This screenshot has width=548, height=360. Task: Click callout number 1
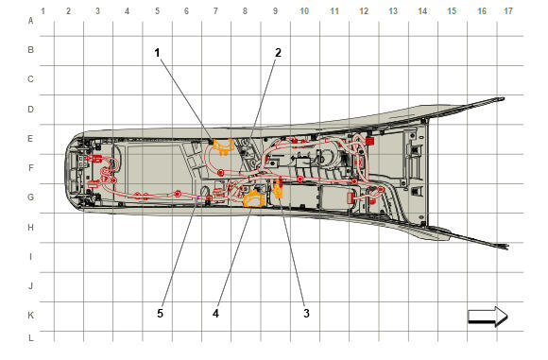tap(157, 53)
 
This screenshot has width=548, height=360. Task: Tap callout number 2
tap(278, 53)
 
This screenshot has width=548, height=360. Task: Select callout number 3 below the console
tap(306, 313)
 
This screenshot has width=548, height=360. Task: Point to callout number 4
tap(215, 313)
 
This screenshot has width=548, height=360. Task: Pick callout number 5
tap(160, 313)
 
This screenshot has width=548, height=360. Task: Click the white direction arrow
tap(488, 317)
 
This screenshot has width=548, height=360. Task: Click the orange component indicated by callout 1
tap(223, 146)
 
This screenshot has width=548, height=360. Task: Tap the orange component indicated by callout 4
tap(254, 198)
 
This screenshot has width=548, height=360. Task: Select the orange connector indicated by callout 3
tap(279, 189)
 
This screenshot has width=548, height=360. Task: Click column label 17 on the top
tap(507, 11)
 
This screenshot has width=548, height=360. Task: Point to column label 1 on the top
tap(43, 11)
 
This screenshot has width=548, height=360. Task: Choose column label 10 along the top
tap(304, 11)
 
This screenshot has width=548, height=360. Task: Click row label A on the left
tap(31, 21)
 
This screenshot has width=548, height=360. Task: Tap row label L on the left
tap(31, 338)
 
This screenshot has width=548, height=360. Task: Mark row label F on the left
tap(31, 168)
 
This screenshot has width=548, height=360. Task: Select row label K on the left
tap(31, 315)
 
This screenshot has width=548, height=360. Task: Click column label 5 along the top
tap(157, 11)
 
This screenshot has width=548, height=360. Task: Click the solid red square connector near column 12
tap(369, 141)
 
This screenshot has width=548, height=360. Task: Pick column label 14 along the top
tap(422, 11)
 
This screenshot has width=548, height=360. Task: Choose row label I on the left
tap(31, 257)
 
